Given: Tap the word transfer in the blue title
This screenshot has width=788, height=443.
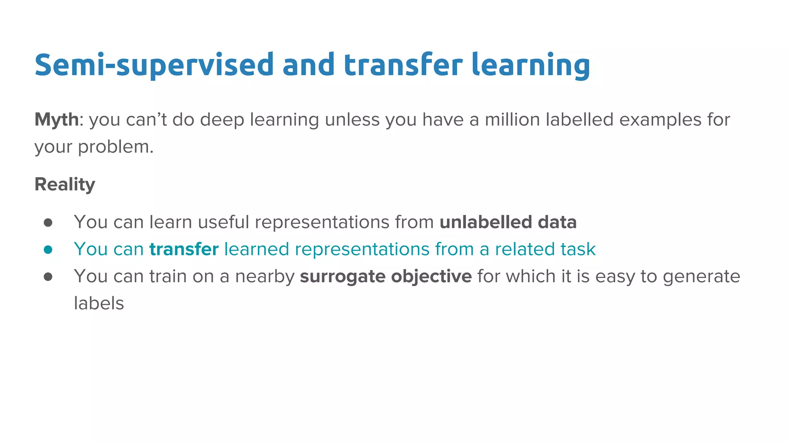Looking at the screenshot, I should pyautogui.click(x=402, y=65).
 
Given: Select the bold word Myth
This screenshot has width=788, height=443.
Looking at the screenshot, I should pyautogui.click(x=56, y=120).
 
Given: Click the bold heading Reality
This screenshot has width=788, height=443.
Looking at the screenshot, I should pyautogui.click(x=65, y=184).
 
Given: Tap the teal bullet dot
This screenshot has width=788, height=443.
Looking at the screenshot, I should pyautogui.click(x=48, y=250).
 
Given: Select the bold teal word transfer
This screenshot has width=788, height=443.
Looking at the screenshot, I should pyautogui.click(x=184, y=249).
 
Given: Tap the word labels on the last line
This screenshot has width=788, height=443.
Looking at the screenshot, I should pyautogui.click(x=99, y=303).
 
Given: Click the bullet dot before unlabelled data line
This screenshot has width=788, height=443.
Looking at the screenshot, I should pyautogui.click(x=48, y=223).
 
